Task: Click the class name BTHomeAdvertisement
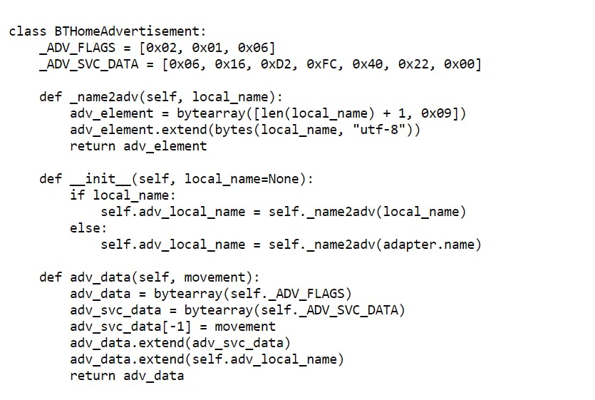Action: tap(129, 31)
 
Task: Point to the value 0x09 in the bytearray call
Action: tap(435, 113)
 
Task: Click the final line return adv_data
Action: tap(126, 376)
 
